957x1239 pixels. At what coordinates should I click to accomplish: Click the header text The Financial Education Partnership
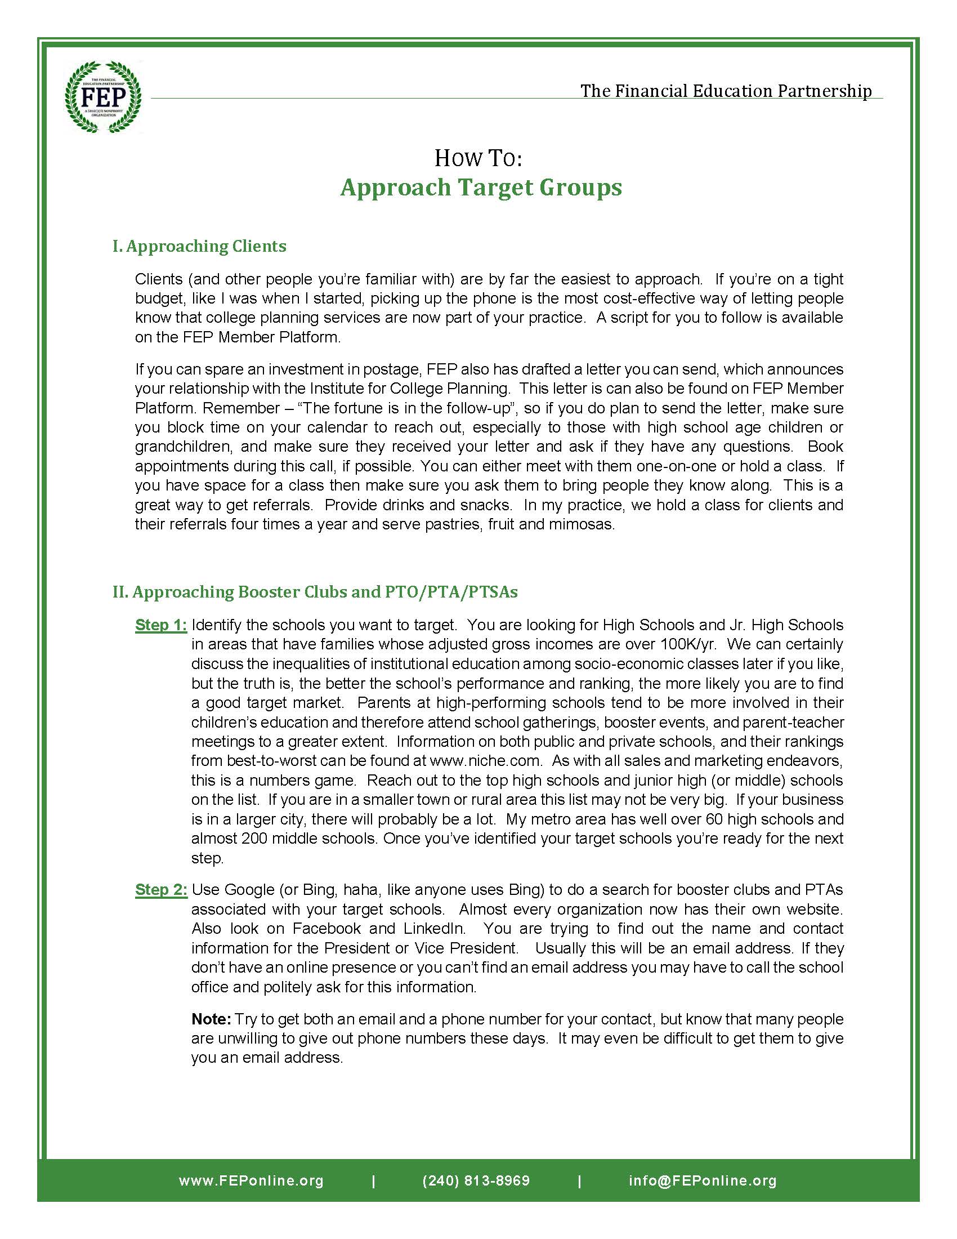pyautogui.click(x=726, y=91)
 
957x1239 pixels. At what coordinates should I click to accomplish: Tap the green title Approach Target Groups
pyautogui.click(x=481, y=187)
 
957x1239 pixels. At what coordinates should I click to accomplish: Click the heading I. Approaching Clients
pyautogui.click(x=199, y=246)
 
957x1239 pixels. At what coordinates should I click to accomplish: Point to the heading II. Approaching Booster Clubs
pyautogui.click(x=315, y=592)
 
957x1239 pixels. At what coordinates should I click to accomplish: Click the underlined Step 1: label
pyautogui.click(x=160, y=625)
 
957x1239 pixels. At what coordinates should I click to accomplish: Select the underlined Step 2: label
pyautogui.click(x=160, y=889)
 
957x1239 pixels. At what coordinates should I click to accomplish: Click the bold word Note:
pyautogui.click(x=211, y=1019)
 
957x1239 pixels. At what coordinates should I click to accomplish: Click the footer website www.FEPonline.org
pyautogui.click(x=251, y=1180)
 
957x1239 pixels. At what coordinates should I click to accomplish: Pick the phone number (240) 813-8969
pyautogui.click(x=476, y=1180)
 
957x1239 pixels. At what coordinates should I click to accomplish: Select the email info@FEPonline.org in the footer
pyautogui.click(x=703, y=1180)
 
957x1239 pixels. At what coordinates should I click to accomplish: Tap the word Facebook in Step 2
pyautogui.click(x=327, y=928)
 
